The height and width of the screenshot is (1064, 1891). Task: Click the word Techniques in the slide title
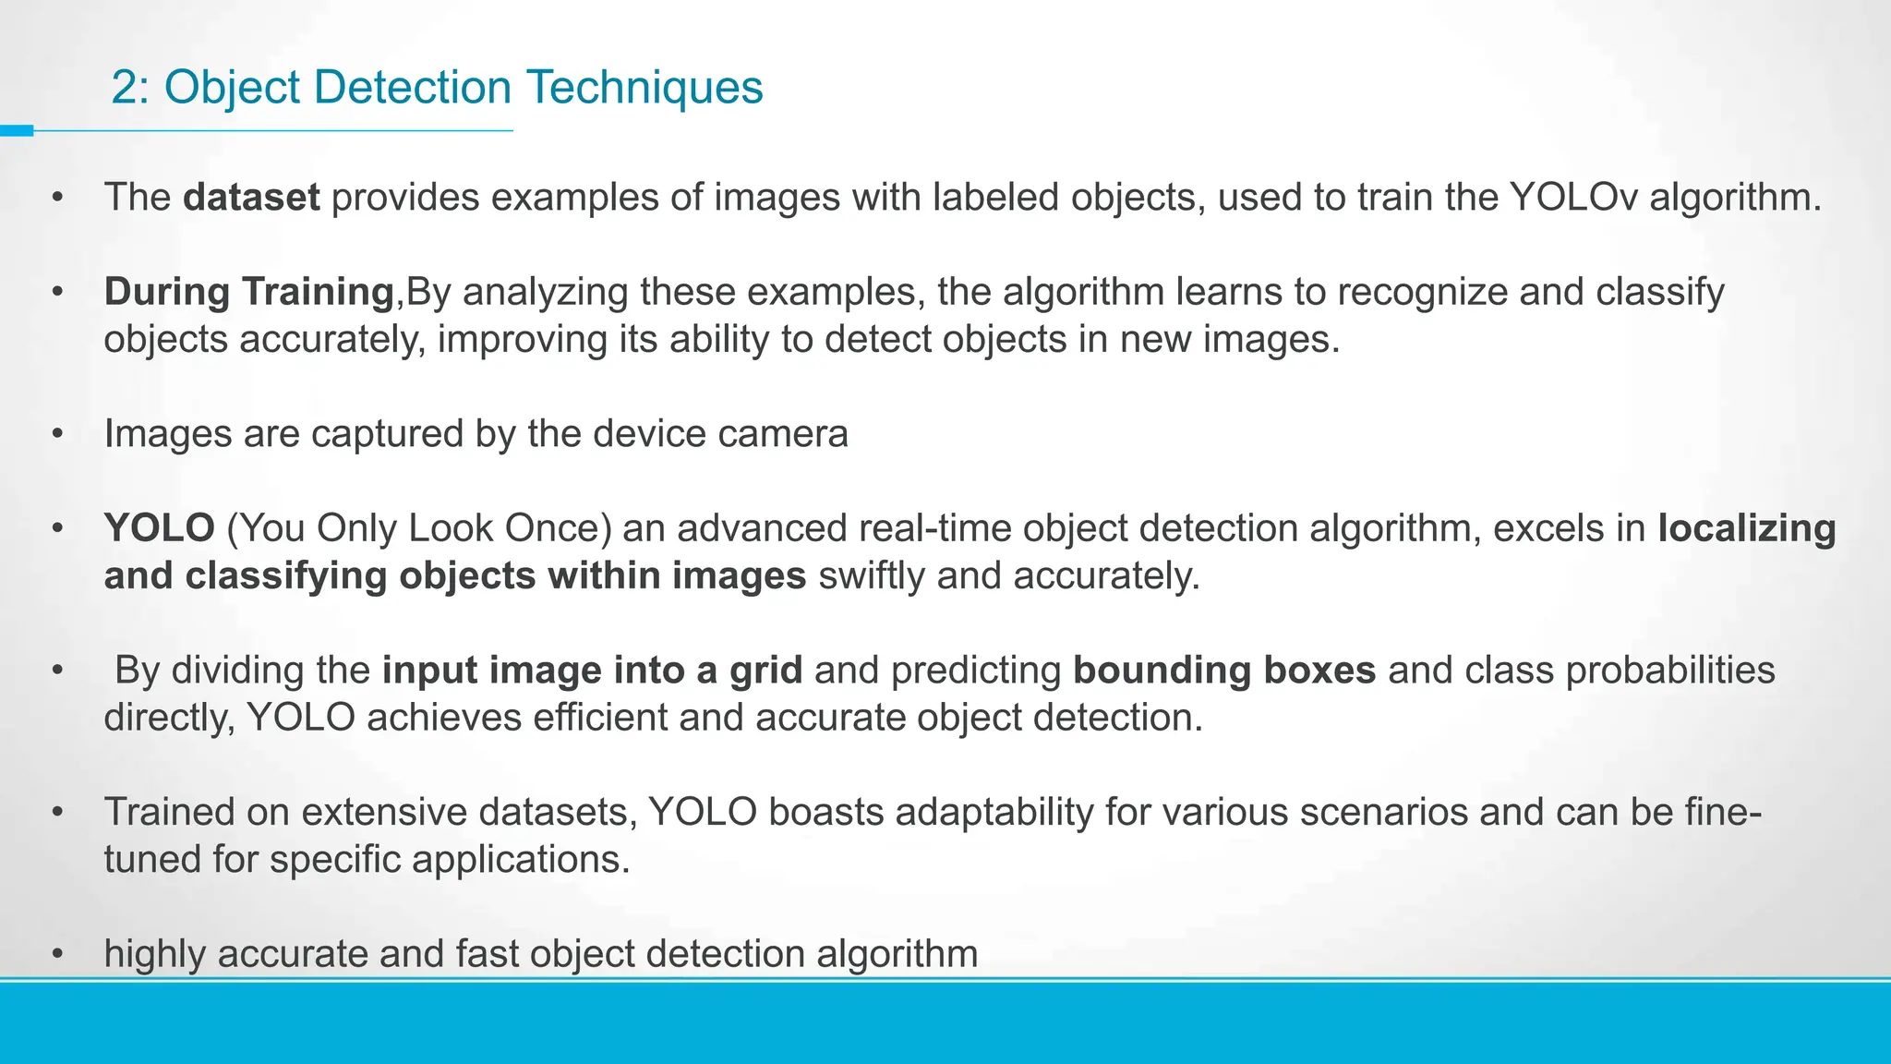click(x=644, y=88)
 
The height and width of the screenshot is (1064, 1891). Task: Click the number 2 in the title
click(x=125, y=88)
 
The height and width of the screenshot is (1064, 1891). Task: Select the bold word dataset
click(x=251, y=198)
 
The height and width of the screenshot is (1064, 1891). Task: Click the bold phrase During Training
click(x=249, y=292)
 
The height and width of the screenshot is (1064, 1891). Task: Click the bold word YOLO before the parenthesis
click(x=159, y=528)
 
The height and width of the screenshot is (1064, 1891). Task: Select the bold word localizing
click(x=1746, y=528)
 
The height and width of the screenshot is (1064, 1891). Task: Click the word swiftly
click(x=872, y=576)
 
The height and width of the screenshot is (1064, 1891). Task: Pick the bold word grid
click(x=765, y=671)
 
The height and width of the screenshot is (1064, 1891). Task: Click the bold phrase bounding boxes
click(x=1224, y=671)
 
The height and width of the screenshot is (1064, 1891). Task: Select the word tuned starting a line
click(x=152, y=860)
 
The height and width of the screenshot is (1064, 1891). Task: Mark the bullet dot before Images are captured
click(x=58, y=434)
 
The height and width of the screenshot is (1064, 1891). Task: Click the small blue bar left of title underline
click(x=17, y=131)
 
